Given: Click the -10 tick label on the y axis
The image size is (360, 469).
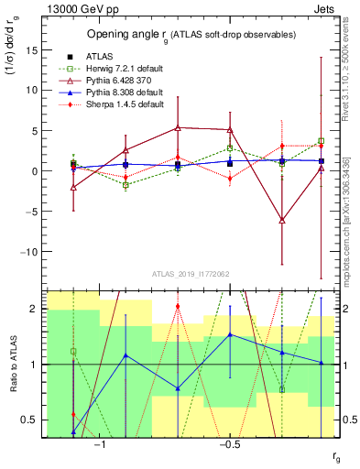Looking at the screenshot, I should coord(30,251).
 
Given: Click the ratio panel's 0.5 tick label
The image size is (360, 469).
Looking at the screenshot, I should coord(33,420).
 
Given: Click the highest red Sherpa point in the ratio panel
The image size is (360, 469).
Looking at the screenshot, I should coord(178,306).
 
